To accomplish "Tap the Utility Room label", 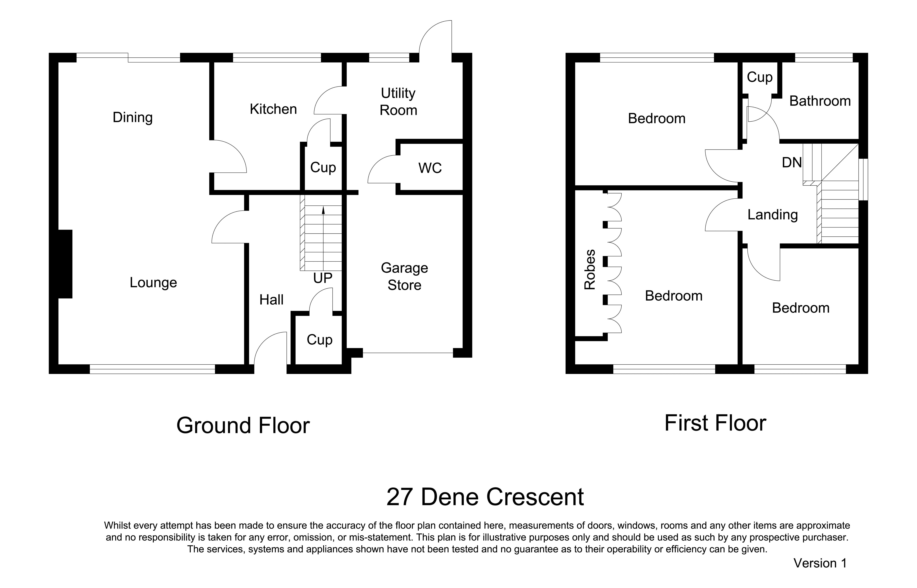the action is [x=398, y=102].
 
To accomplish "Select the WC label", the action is [x=430, y=168].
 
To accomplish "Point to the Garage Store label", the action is [x=404, y=276].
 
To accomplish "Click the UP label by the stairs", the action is [x=323, y=278].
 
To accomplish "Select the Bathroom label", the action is [x=820, y=101].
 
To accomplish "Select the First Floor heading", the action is [x=715, y=423].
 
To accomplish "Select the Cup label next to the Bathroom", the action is [x=760, y=78].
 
